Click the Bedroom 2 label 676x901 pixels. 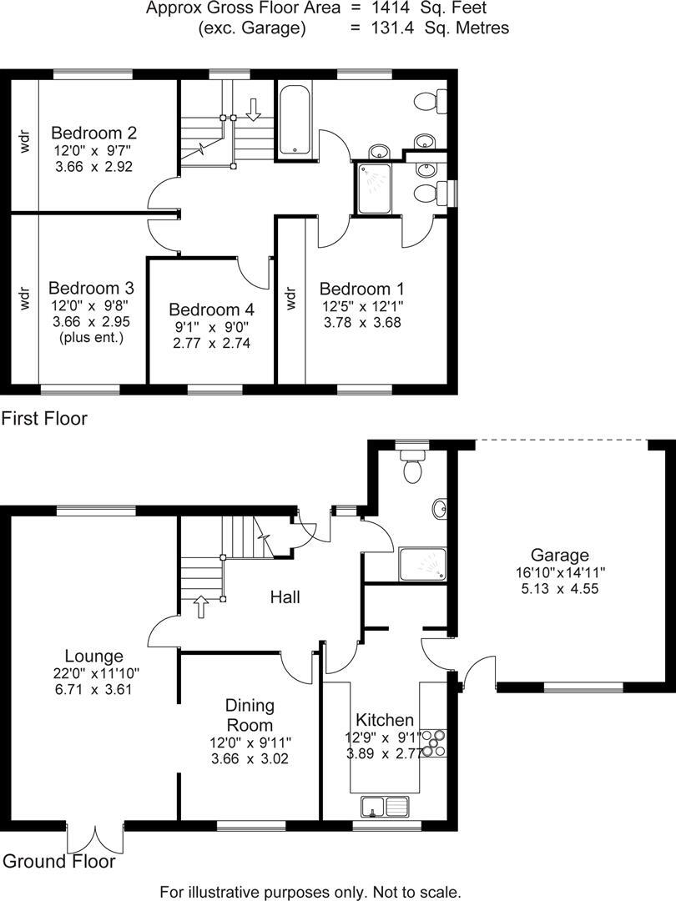[x=93, y=133]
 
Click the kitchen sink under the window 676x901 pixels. [x=386, y=807]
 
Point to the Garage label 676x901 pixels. [x=560, y=555]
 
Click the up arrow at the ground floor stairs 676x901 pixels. [x=201, y=606]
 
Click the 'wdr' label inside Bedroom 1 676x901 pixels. [x=291, y=298]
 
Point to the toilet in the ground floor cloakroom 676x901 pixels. [x=412, y=467]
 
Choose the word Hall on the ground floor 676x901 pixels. [x=285, y=597]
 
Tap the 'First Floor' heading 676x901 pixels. [x=44, y=418]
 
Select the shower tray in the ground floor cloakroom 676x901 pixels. [x=422, y=564]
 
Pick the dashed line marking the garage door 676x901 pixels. [x=560, y=440]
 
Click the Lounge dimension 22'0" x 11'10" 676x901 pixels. [x=98, y=673]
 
